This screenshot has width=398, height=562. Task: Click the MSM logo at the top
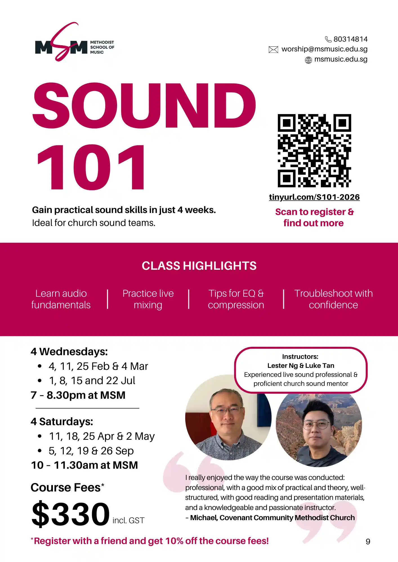pyautogui.click(x=75, y=42)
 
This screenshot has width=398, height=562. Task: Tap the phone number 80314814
pyautogui.click(x=350, y=39)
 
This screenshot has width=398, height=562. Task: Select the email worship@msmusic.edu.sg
pyautogui.click(x=325, y=49)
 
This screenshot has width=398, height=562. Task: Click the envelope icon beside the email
pyautogui.click(x=273, y=50)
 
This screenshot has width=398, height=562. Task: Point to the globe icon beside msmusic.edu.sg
pyautogui.click(x=308, y=60)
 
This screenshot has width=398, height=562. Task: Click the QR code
pyautogui.click(x=314, y=151)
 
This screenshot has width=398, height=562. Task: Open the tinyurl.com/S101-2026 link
pyautogui.click(x=314, y=197)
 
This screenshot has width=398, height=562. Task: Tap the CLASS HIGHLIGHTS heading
pyautogui.click(x=199, y=266)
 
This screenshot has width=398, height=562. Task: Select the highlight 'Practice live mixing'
pyautogui.click(x=148, y=299)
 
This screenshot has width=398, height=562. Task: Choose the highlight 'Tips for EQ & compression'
pyautogui.click(x=236, y=299)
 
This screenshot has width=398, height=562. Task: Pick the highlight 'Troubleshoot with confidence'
pyautogui.click(x=334, y=299)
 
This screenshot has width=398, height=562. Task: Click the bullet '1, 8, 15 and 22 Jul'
pyautogui.click(x=92, y=381)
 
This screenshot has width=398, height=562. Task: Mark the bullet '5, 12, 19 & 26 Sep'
pyautogui.click(x=91, y=451)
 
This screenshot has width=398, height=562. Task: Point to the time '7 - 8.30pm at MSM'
pyautogui.click(x=78, y=395)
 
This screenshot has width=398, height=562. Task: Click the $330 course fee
pyautogui.click(x=71, y=513)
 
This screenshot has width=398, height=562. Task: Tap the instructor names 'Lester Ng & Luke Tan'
pyautogui.click(x=301, y=366)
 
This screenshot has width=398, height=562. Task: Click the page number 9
pyautogui.click(x=368, y=542)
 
